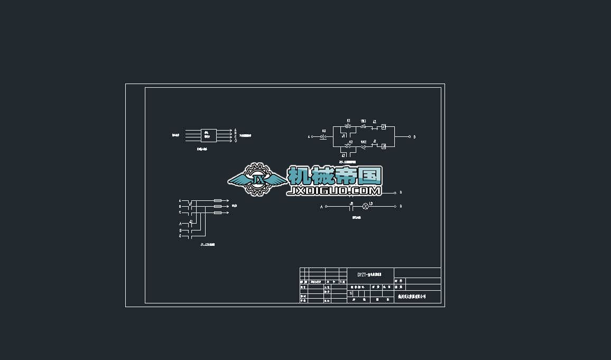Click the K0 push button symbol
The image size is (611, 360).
[x=324, y=136]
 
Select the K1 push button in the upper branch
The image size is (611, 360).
[x=348, y=127]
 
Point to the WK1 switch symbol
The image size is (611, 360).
[x=364, y=127]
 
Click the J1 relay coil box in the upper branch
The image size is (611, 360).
[x=384, y=127]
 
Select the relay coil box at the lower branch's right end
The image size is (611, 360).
[x=384, y=146]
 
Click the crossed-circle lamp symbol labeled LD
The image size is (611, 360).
[x=364, y=206]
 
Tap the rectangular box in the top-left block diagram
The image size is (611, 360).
[x=208, y=135]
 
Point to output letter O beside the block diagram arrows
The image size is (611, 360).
[x=236, y=141]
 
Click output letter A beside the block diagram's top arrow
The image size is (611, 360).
[x=236, y=130]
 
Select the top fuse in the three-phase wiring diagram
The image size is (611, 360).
[x=217, y=200]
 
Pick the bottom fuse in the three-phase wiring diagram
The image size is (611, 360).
[x=217, y=213]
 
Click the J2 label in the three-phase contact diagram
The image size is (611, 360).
[x=191, y=221]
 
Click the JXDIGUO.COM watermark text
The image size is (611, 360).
[x=334, y=191]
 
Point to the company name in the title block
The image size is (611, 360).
[x=412, y=297]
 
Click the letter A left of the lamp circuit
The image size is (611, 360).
[x=321, y=207]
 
